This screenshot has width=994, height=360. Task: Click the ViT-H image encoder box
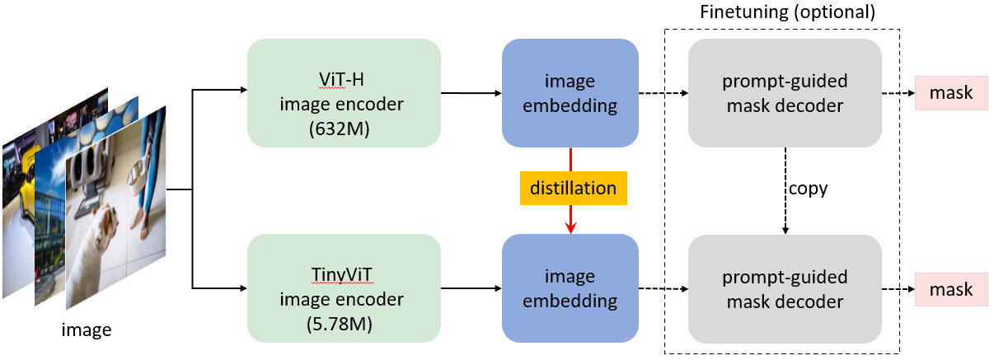tap(344, 93)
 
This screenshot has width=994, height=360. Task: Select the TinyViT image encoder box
tap(344, 288)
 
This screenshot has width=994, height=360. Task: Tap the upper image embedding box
tap(570, 93)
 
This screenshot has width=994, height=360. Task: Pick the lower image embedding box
tap(570, 288)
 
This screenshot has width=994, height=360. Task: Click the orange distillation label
tap(573, 188)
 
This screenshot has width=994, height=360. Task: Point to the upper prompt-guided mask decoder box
tap(785, 93)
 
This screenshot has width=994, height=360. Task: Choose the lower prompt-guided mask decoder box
tap(785, 288)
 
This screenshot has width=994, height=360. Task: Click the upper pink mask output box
tap(950, 93)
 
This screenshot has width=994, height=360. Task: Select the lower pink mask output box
tap(950, 289)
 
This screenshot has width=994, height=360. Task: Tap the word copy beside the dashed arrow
tap(809, 189)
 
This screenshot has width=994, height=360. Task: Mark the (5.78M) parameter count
tap(344, 324)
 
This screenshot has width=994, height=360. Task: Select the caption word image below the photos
tap(87, 331)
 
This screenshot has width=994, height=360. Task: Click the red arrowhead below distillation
tap(570, 227)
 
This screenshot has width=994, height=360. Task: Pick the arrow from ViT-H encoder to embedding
tap(471, 93)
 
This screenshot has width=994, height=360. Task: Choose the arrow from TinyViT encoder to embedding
tap(471, 288)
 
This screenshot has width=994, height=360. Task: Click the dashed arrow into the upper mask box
tap(898, 93)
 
